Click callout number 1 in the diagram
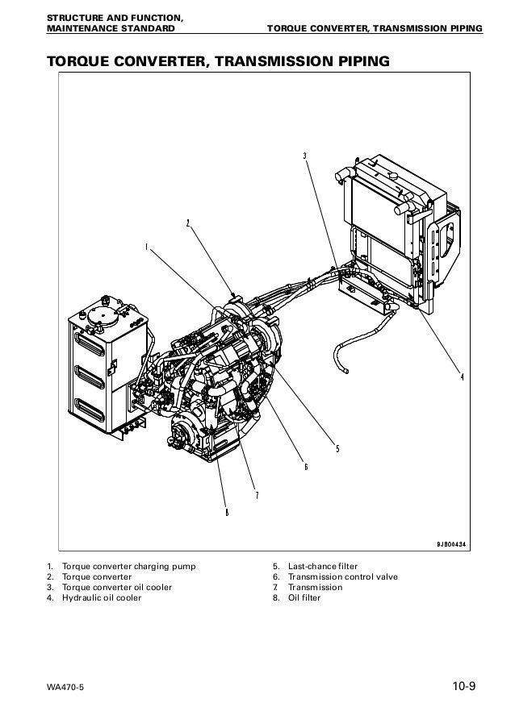point(146,247)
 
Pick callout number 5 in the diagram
point(337,449)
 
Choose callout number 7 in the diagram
point(256,495)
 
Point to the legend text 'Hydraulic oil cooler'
point(101,597)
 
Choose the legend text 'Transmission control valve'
point(343,576)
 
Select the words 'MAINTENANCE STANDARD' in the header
point(111,29)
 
